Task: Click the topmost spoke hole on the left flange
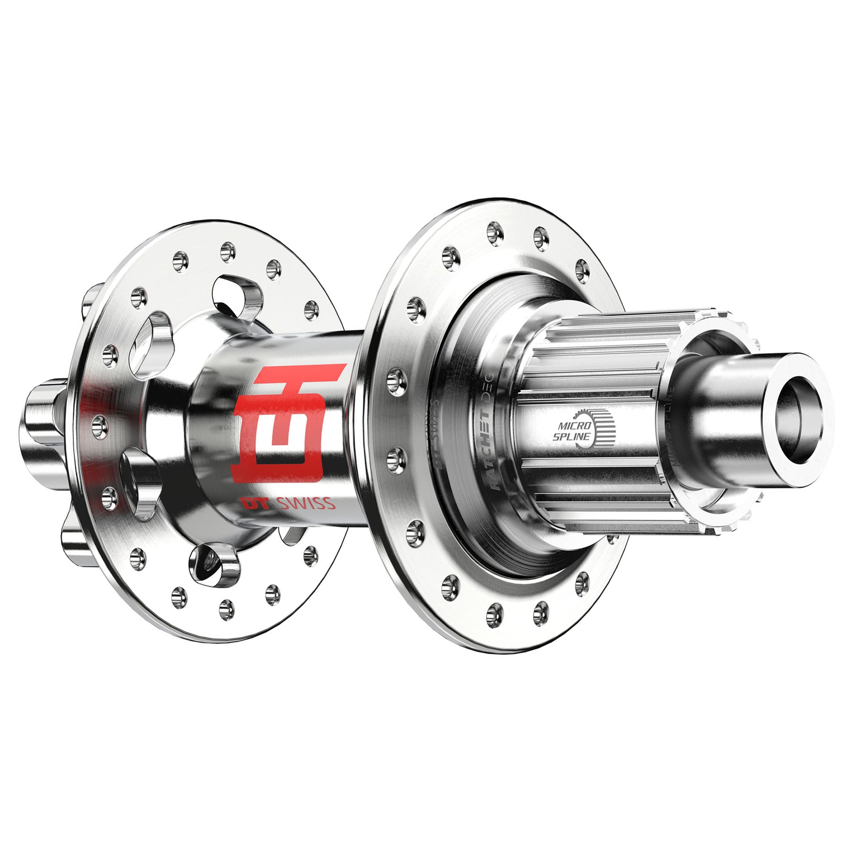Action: click(227, 252)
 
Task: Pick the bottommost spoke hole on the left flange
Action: click(226, 609)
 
